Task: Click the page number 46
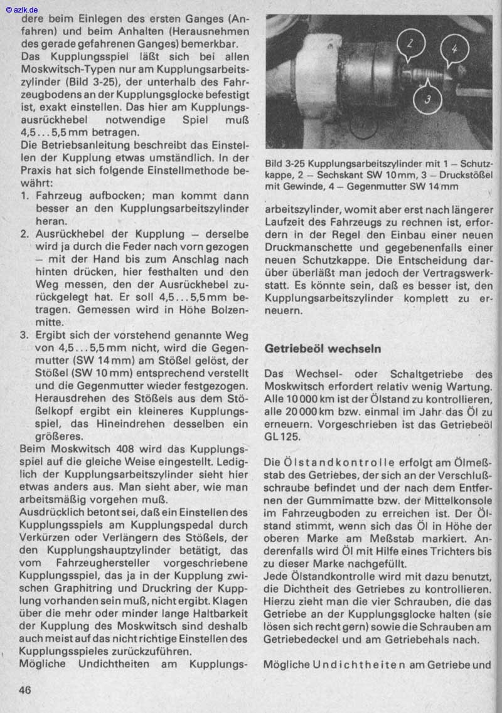pyautogui.click(x=25, y=690)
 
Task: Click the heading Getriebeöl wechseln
pyautogui.click(x=323, y=347)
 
